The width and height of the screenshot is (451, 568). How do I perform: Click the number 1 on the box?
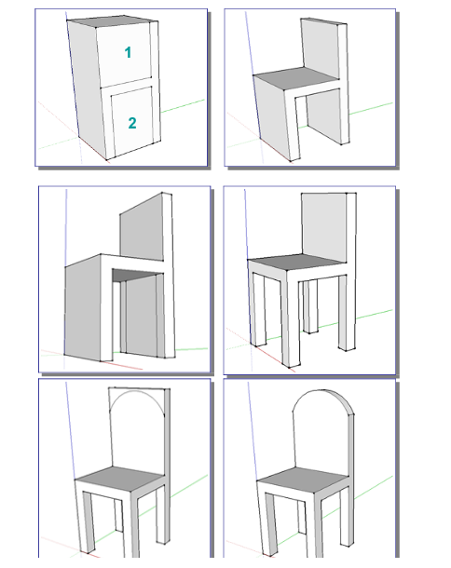[128, 52]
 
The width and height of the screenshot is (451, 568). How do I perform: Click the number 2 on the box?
[132, 123]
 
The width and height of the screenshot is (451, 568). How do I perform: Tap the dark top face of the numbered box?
[113, 21]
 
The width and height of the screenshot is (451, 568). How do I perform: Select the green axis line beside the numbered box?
[183, 105]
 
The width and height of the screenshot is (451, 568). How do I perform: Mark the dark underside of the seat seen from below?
[134, 275]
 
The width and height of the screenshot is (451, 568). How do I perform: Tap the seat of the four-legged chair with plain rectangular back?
[296, 262]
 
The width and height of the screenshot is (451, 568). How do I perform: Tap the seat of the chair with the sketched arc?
[120, 479]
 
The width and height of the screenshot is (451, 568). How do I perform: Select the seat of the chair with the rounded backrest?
[304, 480]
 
